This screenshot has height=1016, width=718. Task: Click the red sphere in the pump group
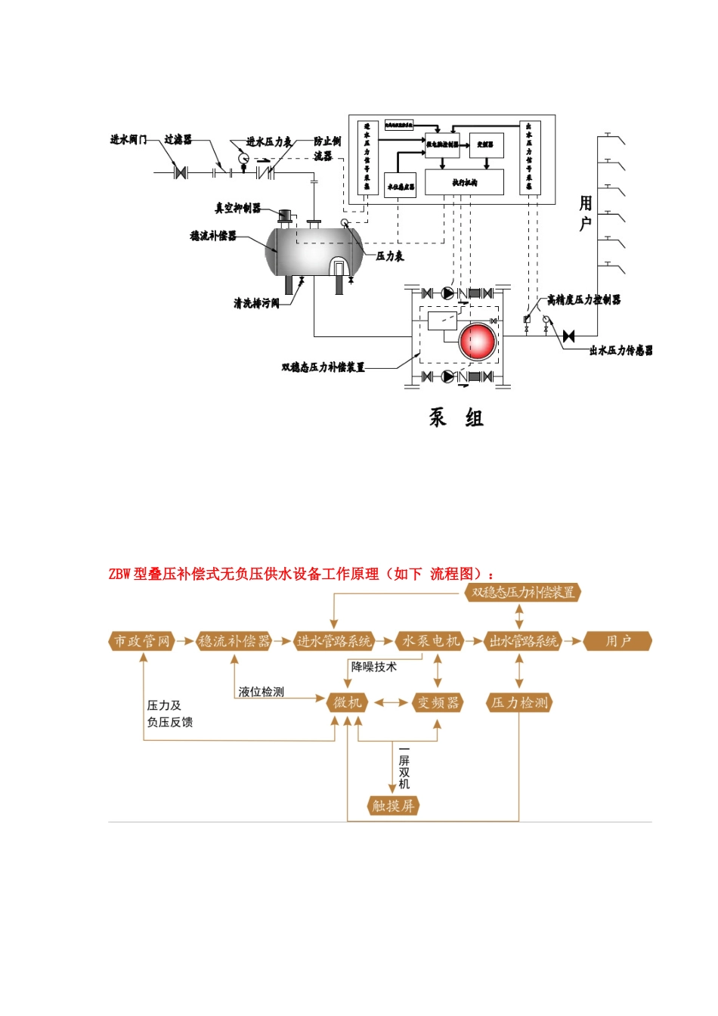(478, 341)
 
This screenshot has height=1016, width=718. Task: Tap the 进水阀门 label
(128, 140)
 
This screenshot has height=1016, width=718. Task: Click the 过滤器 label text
(178, 140)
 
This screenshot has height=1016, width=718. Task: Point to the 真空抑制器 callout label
(238, 208)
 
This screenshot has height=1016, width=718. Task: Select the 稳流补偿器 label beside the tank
(213, 236)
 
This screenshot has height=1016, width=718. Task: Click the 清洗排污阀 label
(256, 303)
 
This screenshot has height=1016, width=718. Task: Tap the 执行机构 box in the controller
(464, 182)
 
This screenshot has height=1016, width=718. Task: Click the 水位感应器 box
(401, 186)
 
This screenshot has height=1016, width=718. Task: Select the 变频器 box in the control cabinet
(486, 144)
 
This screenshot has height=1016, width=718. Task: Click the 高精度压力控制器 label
(583, 300)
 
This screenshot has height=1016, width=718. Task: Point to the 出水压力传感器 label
(621, 351)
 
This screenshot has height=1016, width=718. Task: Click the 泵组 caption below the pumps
(456, 417)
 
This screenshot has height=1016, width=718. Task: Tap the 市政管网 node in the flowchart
(142, 641)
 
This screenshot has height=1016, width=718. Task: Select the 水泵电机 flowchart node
(430, 641)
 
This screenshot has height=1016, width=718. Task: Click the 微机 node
(348, 702)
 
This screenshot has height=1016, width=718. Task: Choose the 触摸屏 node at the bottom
(393, 806)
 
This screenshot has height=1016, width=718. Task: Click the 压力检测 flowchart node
(519, 702)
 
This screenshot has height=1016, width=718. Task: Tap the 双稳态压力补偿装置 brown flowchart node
(523, 593)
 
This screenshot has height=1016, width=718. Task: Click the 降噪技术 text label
(373, 667)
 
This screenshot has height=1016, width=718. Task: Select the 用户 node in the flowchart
(617, 641)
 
